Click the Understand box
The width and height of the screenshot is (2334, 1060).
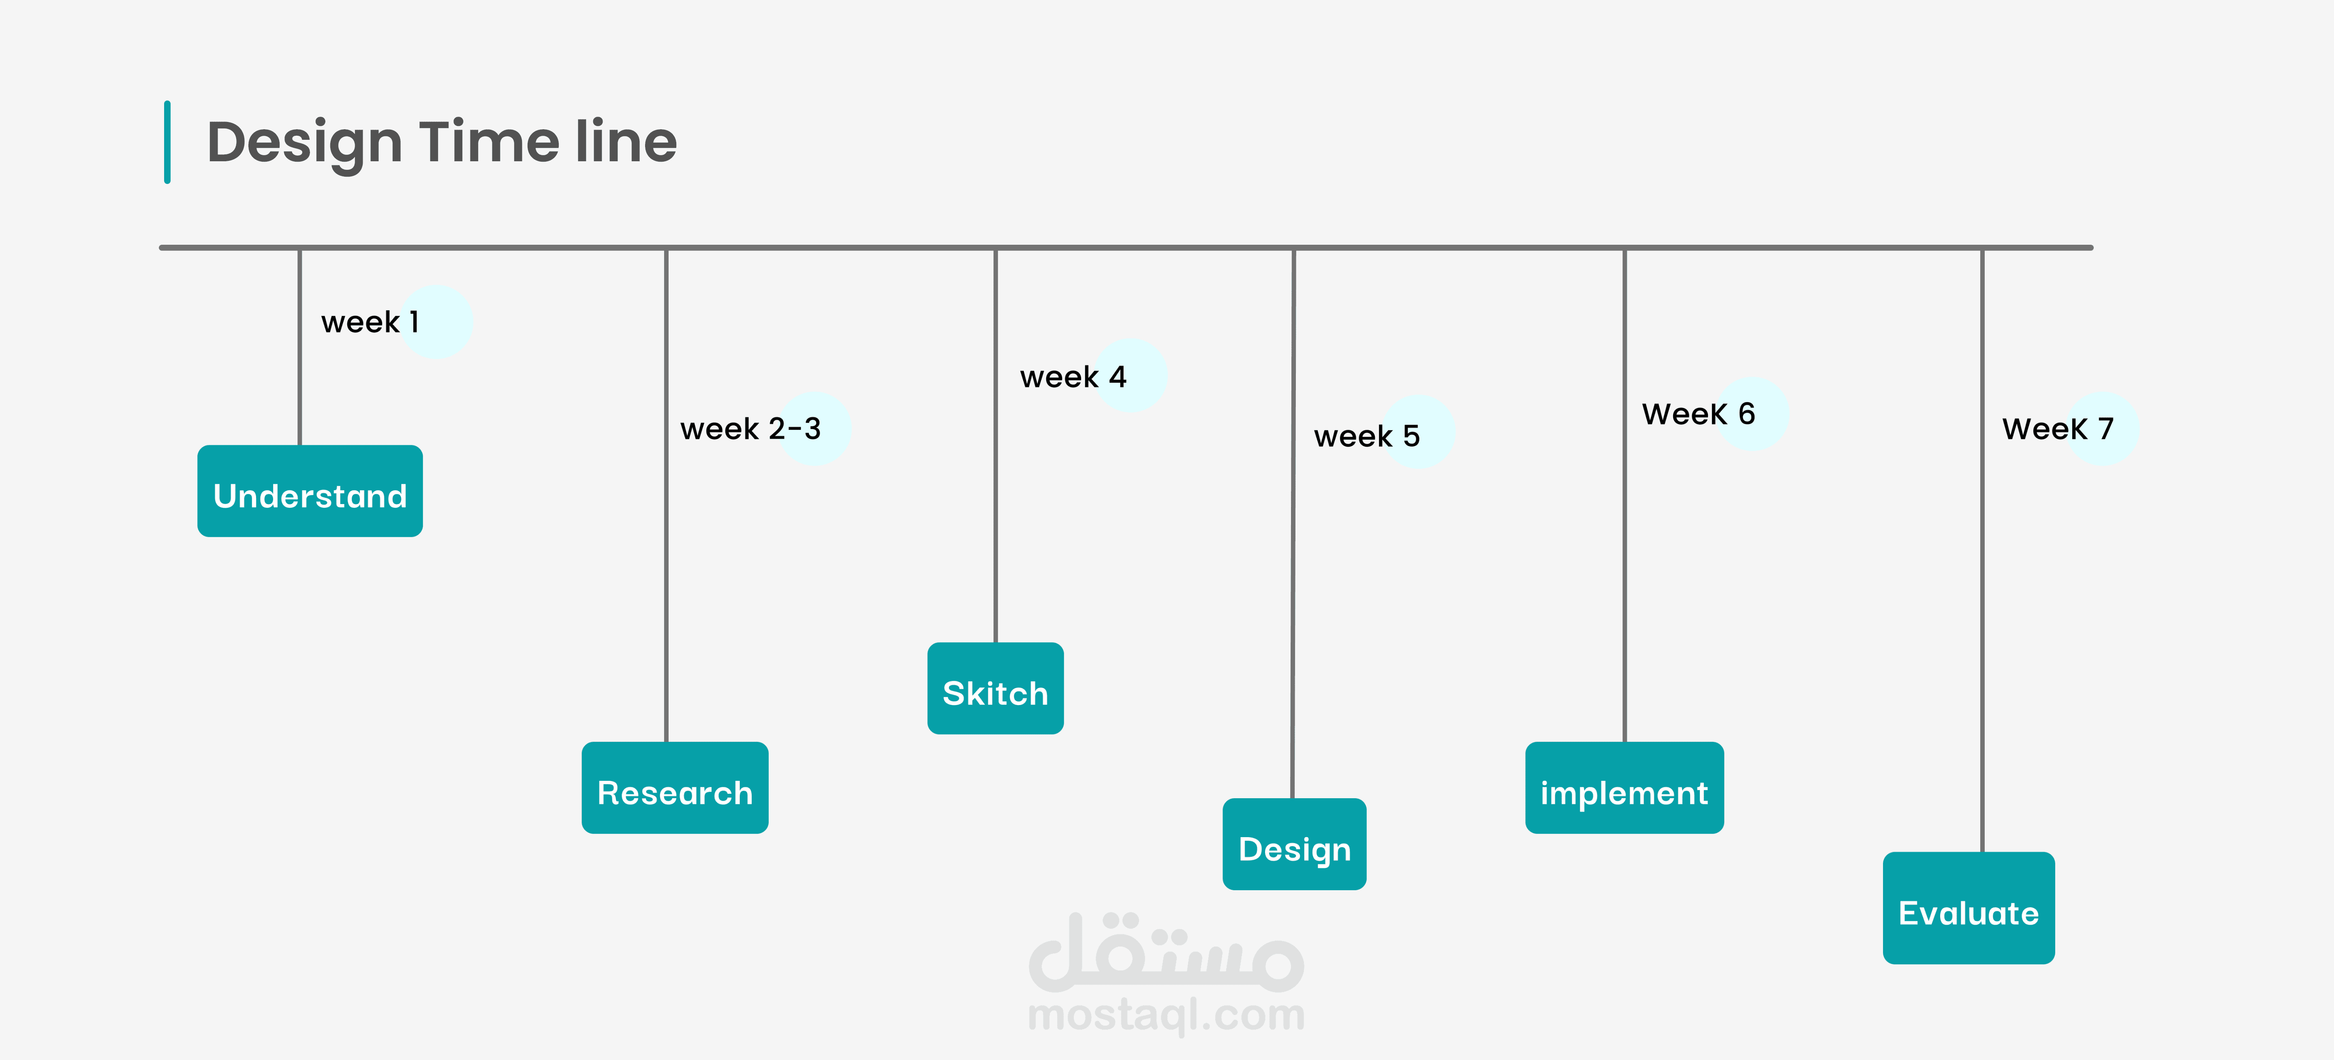point(310,491)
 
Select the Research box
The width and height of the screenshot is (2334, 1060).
point(675,787)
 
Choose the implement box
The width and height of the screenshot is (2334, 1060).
point(1624,787)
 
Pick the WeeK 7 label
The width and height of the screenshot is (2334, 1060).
point(2058,429)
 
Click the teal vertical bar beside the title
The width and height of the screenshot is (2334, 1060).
point(167,142)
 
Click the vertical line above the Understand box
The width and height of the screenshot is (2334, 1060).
point(300,347)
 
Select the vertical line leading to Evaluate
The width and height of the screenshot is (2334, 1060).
point(1982,550)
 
